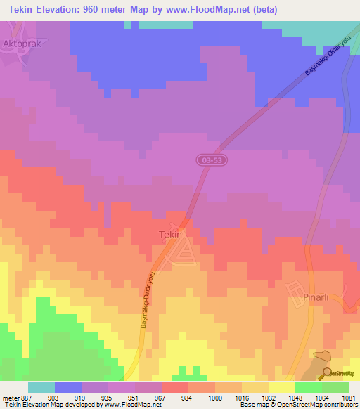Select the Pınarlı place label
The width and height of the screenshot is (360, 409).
(x=307, y=297)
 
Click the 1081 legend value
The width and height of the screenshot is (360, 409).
(x=348, y=397)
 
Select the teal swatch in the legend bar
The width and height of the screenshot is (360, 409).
(x=41, y=387)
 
